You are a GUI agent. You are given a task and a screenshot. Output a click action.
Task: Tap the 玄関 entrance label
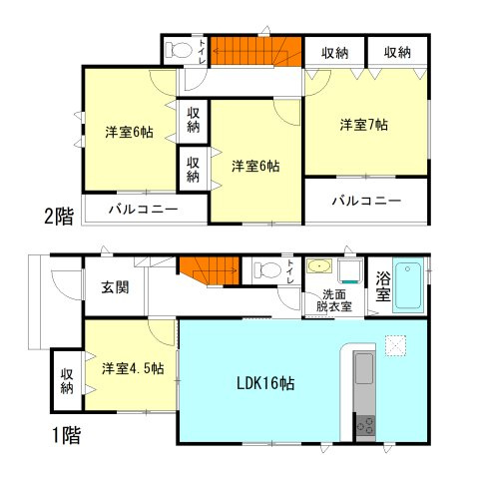pyautogui.click(x=114, y=287)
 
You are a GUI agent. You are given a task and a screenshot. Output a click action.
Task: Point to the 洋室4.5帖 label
pyautogui.click(x=132, y=367)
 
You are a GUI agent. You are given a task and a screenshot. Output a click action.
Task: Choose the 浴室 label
pyautogui.click(x=382, y=284)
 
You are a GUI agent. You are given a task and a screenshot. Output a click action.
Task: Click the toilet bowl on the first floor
pyautogui.click(x=266, y=268)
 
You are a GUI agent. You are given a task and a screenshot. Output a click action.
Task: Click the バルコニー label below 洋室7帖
pyautogui.click(x=367, y=200)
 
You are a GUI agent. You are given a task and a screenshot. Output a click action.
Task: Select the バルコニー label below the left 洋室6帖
pyautogui.click(x=144, y=210)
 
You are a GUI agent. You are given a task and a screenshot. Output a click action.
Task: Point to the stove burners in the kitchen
pyautogui.click(x=364, y=425)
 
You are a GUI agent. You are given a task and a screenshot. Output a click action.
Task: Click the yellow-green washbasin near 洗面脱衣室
pyautogui.click(x=320, y=267)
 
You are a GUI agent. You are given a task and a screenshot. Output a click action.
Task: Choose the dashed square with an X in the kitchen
pyautogui.click(x=395, y=344)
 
